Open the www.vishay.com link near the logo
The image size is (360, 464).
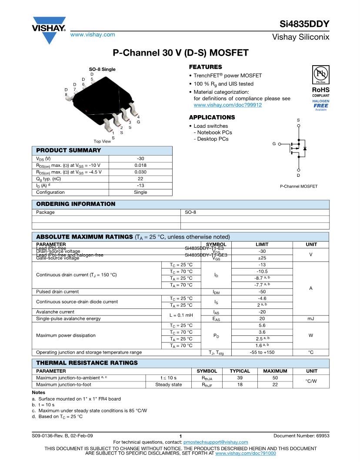tap(93, 34)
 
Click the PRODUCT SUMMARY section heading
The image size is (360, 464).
tap(68, 150)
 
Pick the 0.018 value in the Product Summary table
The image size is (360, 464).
tap(140, 165)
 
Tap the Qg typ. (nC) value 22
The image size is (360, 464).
tap(140, 179)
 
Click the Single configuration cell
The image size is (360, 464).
tap(140, 192)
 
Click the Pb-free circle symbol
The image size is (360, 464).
tap(321, 72)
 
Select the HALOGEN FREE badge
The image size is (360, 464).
tap(321, 105)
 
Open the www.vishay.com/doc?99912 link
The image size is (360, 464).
tap(227, 105)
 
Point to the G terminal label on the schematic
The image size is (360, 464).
tap(274, 143)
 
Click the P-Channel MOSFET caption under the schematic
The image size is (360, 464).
tap(298, 186)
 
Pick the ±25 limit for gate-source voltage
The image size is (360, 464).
tap(262, 258)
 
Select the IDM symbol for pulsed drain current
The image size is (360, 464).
tap(216, 292)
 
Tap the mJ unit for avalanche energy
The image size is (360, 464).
tap(311, 318)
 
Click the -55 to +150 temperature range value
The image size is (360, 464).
tap(262, 352)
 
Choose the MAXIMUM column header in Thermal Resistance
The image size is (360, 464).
tap(275, 371)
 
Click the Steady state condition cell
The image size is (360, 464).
tap(169, 384)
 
